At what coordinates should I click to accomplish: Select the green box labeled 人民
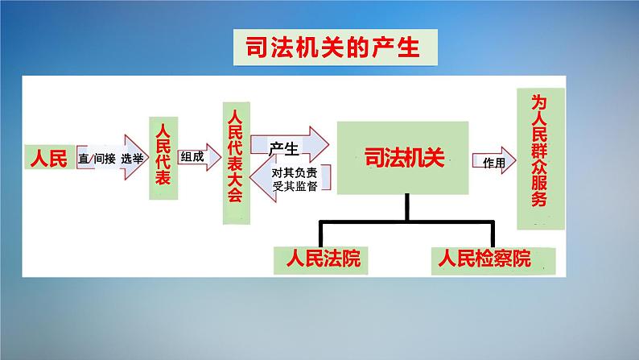click(50, 157)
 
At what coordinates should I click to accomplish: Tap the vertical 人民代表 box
click(163, 158)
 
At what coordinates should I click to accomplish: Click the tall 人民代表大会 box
click(237, 163)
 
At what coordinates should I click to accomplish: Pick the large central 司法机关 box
click(402, 158)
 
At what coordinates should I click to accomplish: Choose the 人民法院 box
click(321, 260)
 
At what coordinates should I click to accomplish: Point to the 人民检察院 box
click(493, 260)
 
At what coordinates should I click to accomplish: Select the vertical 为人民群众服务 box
click(541, 159)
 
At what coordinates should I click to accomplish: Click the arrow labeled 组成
click(200, 157)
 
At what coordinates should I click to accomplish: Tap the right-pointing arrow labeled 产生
click(290, 145)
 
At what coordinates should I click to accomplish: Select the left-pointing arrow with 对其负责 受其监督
click(291, 179)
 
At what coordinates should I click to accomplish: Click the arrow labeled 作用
click(494, 160)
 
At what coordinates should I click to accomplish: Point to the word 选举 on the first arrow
click(132, 158)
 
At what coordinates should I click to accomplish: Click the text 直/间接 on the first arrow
click(97, 158)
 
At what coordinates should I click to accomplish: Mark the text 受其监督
click(295, 186)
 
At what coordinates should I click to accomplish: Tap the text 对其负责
click(295, 172)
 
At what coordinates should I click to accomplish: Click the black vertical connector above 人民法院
click(321, 234)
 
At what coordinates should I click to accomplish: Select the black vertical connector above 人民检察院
click(493, 234)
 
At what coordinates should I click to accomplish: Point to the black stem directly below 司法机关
click(407, 208)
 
